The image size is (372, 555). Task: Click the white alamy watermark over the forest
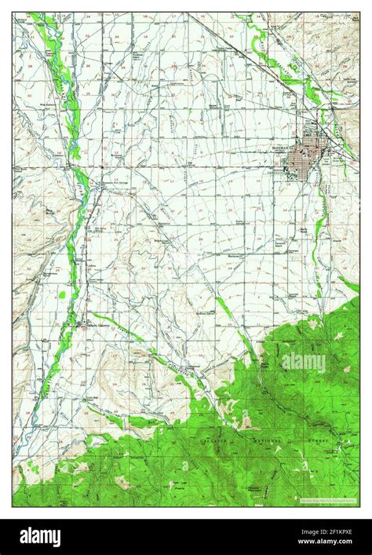(x=304, y=361)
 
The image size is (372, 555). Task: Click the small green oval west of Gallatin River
(x=62, y=295)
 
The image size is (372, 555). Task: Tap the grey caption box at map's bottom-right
(x=328, y=498)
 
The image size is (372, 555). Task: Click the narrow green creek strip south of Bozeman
(x=319, y=236)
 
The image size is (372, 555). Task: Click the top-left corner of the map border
(x=13, y=13)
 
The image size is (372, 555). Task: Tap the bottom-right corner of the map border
(x=359, y=506)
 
